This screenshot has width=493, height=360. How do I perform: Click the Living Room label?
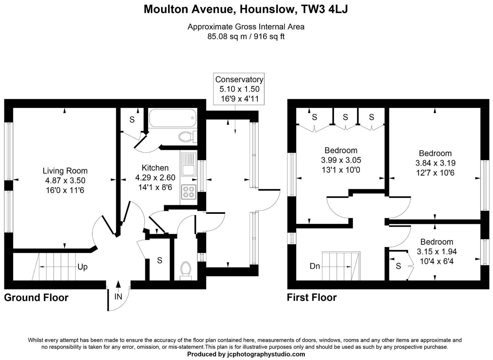[65, 171]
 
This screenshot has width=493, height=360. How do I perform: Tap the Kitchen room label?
[155, 168]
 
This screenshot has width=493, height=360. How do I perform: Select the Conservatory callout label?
[239, 80]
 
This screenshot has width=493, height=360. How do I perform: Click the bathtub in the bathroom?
[172, 118]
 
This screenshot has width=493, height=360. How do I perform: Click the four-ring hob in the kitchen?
[189, 192]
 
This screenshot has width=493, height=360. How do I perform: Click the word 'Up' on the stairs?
[82, 267]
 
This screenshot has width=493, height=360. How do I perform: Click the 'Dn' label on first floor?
[315, 266]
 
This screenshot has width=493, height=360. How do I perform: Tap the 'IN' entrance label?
[118, 296]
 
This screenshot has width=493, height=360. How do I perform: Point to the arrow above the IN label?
[118, 285]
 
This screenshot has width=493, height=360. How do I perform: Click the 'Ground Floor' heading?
[36, 298]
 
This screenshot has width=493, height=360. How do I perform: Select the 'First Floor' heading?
[312, 297]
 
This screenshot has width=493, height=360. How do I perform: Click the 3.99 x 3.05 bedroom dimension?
[341, 160]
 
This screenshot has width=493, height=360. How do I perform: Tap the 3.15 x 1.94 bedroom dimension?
[437, 252]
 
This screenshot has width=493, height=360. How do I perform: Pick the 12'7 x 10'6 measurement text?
[435, 173]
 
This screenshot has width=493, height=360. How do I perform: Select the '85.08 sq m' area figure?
[227, 37]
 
